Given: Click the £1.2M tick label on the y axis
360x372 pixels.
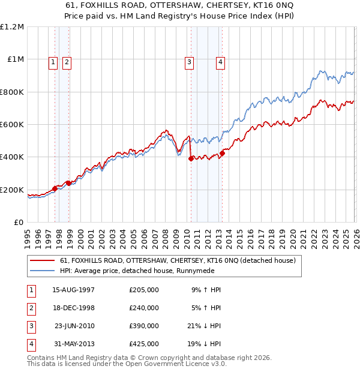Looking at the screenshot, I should [12, 27].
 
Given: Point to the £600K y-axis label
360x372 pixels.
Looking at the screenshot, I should [12, 125].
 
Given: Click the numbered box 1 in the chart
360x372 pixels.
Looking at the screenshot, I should [53, 61].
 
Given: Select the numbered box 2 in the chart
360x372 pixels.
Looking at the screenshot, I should [66, 61].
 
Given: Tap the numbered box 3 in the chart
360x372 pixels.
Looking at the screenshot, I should [189, 61].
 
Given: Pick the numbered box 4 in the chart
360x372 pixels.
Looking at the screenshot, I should [220, 61].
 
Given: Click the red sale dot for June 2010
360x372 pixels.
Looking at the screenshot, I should [191, 159].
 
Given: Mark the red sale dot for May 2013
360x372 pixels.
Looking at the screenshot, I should [222, 153].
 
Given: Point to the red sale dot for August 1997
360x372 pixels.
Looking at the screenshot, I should [55, 189].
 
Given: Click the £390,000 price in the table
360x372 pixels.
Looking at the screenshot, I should [144, 326].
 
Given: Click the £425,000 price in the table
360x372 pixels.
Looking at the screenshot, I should [144, 344].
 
